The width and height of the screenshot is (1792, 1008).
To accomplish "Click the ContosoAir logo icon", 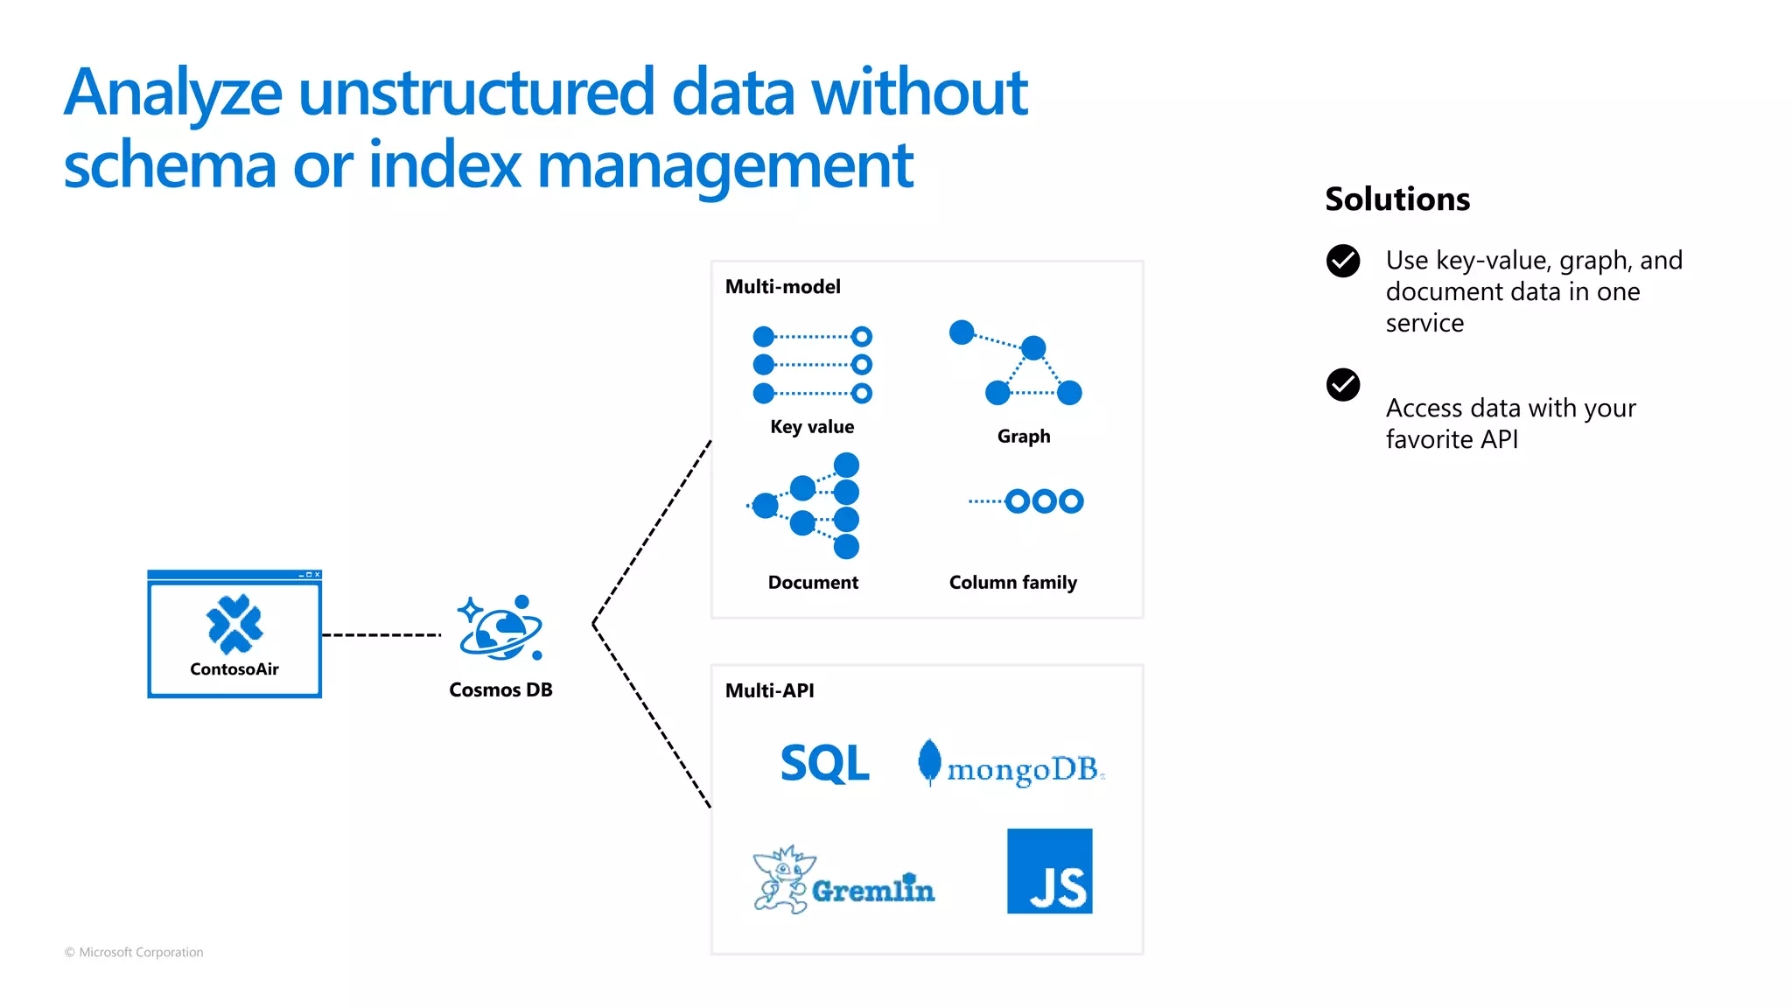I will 234,624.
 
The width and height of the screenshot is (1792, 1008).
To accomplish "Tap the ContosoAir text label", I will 234,669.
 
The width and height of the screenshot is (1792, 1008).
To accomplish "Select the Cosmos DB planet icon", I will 500,629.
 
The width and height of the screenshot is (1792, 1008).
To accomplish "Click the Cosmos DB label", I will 500,689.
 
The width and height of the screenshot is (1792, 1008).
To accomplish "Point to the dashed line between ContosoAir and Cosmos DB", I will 381,634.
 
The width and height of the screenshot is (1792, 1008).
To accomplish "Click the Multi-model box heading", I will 782,287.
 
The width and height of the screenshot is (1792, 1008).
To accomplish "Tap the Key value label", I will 812,427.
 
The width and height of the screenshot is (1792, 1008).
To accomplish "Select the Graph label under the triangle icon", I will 1024,437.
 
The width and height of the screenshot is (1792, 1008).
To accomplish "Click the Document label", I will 813,583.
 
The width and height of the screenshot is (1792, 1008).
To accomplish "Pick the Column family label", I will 1012,583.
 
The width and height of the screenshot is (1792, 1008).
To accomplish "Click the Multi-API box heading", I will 769,690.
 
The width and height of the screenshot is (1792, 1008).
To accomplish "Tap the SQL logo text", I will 824,764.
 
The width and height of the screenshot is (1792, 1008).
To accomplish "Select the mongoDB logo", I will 1011,765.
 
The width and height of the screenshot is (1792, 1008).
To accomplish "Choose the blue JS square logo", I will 1049,871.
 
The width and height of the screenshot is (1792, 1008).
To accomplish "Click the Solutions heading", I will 1396,199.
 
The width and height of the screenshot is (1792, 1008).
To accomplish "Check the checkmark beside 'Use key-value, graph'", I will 1342,261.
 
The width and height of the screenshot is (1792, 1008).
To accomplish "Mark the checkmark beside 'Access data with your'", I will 1342,385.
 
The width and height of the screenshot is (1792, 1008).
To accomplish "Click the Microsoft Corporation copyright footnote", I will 134,952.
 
